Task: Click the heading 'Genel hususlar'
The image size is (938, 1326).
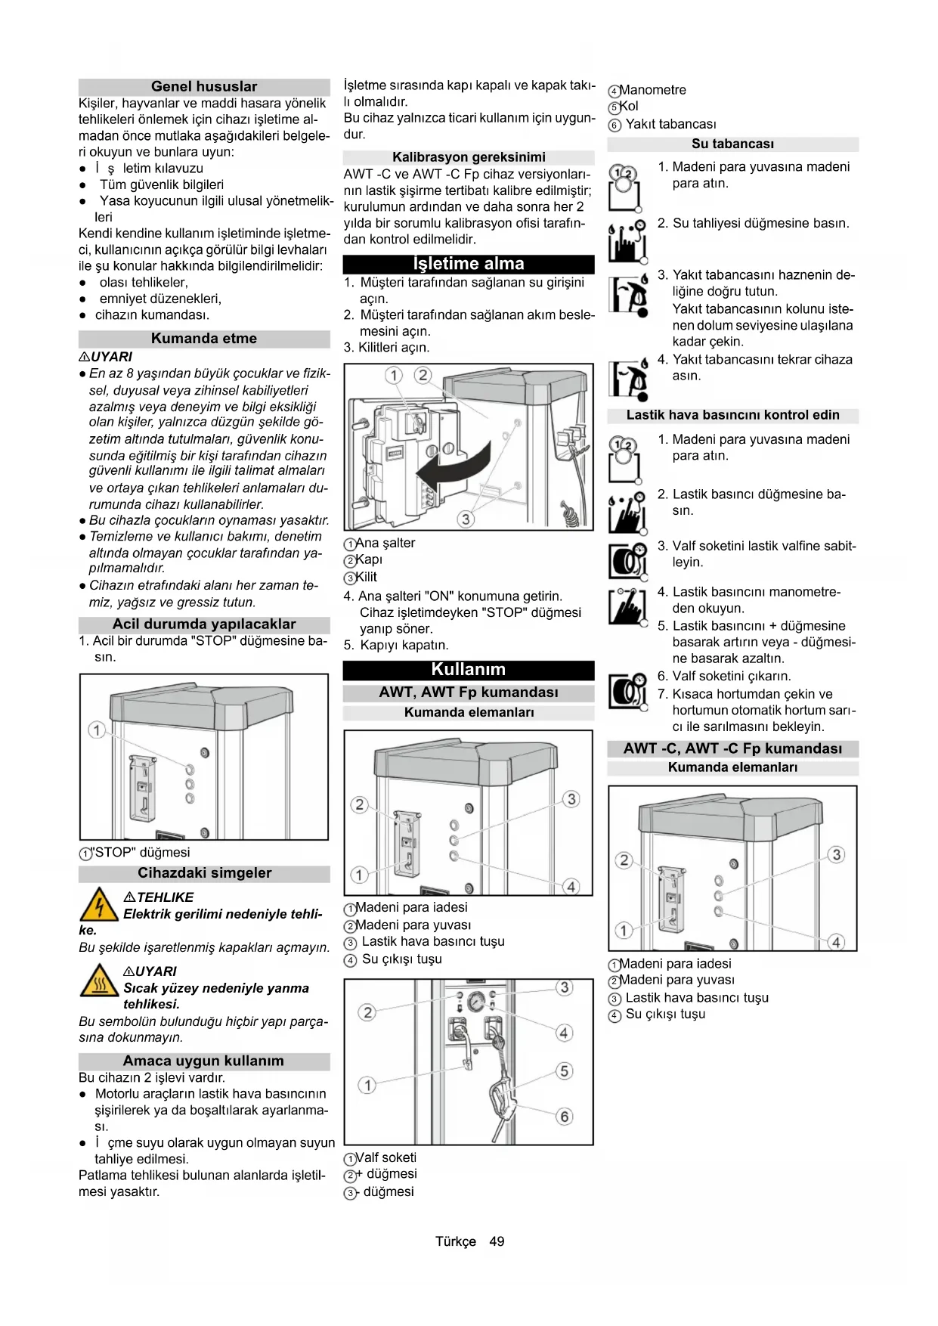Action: [204, 87]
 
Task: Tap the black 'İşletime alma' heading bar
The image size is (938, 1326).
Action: [469, 264]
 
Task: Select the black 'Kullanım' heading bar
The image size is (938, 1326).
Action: [469, 670]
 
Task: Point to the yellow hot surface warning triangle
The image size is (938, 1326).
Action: [99, 981]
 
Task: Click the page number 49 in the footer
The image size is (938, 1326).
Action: [497, 1241]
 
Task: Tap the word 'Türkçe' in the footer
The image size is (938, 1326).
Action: [456, 1241]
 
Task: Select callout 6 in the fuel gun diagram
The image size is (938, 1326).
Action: [564, 1117]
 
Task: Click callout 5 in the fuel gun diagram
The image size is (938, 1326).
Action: [564, 1071]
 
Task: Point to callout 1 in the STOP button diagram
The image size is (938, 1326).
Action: [96, 730]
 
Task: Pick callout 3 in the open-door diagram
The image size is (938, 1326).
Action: [466, 519]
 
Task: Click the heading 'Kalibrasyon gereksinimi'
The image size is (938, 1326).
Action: [469, 157]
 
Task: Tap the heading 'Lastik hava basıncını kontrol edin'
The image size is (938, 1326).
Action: [732, 415]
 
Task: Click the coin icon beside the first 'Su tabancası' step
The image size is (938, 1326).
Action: [624, 185]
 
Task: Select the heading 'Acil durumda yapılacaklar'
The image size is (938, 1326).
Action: [204, 624]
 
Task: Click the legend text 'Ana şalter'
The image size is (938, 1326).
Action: [385, 543]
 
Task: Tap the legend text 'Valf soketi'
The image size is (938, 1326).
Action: [385, 1157]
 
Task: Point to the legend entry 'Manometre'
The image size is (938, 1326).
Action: [652, 90]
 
